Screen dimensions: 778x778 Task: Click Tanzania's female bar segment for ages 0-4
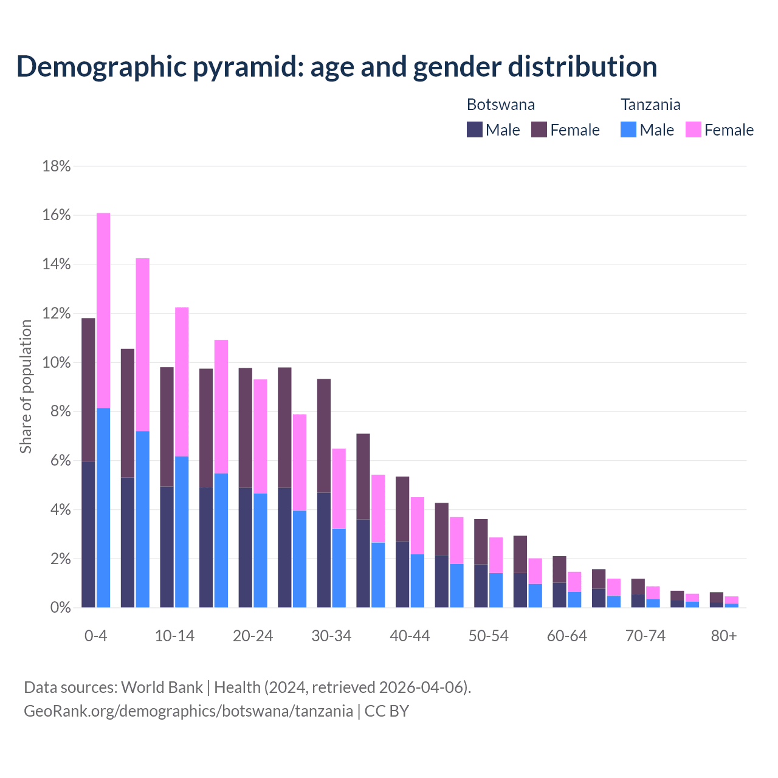pyautogui.click(x=103, y=310)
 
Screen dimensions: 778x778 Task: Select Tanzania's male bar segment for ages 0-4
pyautogui.click(x=103, y=508)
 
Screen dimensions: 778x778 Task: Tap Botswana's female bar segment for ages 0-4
pyautogui.click(x=88, y=390)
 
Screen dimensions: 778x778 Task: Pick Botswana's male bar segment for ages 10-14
pyautogui.click(x=167, y=547)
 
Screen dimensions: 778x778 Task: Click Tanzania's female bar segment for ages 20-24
pyautogui.click(x=260, y=436)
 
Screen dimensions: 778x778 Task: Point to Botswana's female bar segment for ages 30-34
pyautogui.click(x=324, y=436)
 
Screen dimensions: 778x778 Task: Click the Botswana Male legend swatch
pyautogui.click(x=475, y=129)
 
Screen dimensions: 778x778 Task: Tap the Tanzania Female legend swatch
pyautogui.click(x=694, y=129)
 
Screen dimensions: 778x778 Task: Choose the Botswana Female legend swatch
pyautogui.click(x=539, y=129)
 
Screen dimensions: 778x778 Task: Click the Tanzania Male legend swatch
pyautogui.click(x=628, y=129)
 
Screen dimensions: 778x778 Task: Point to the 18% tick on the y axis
pyautogui.click(x=57, y=167)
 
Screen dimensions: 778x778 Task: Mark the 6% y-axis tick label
pyautogui.click(x=60, y=461)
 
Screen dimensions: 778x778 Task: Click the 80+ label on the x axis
pyautogui.click(x=724, y=636)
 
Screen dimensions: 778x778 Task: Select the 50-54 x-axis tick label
pyautogui.click(x=488, y=636)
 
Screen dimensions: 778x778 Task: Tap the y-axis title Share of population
pyautogui.click(x=26, y=387)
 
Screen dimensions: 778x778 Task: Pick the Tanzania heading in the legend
pyautogui.click(x=650, y=105)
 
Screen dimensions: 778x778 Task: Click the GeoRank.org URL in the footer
pyautogui.click(x=188, y=711)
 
